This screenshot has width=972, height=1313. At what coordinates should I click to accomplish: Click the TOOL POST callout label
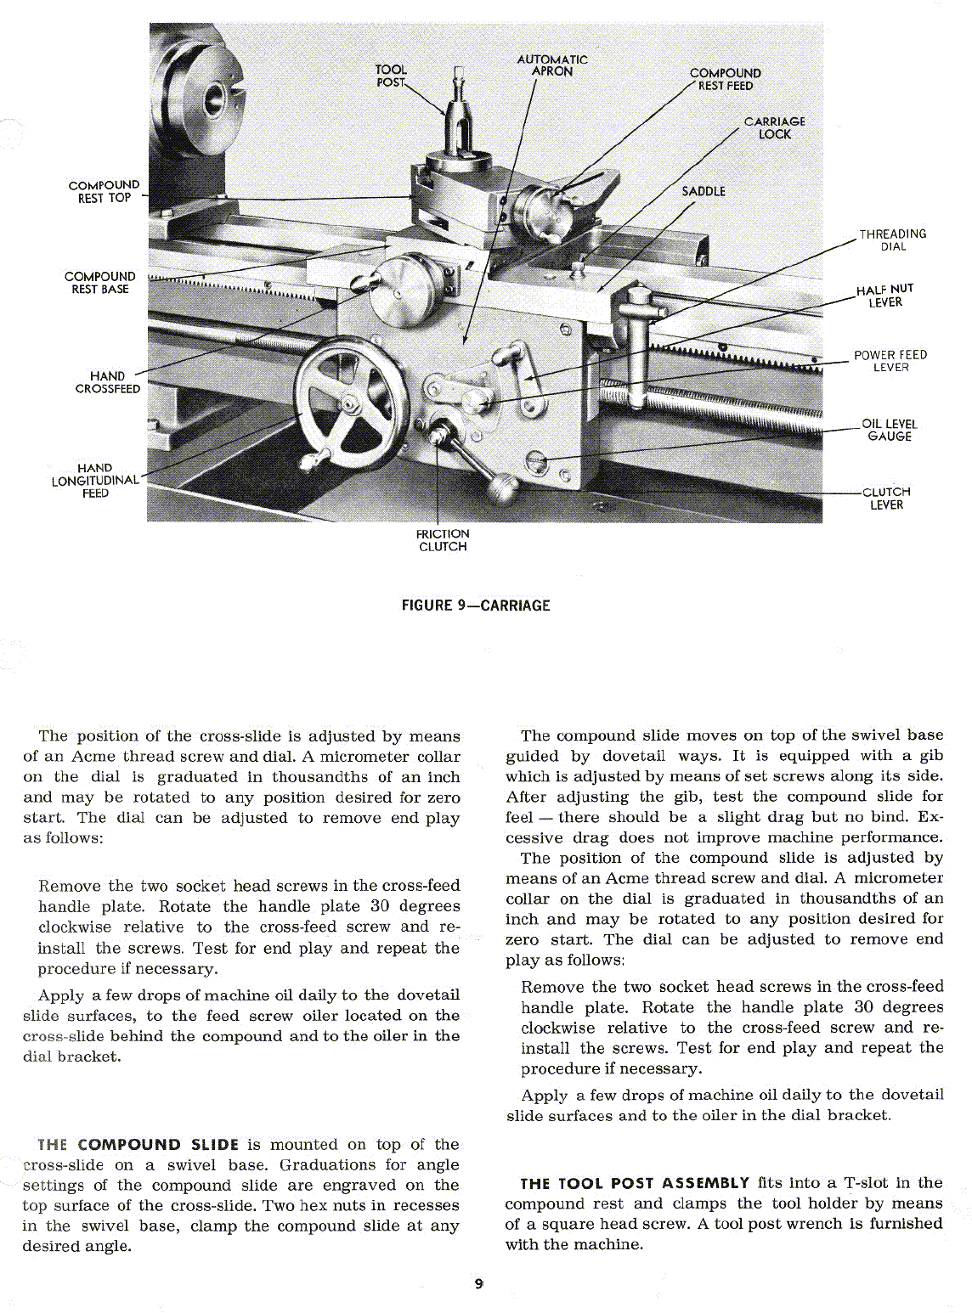[x=391, y=76]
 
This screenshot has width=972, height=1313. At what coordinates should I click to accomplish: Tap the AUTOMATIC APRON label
[x=552, y=65]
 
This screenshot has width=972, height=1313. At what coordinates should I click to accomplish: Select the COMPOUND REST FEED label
[x=725, y=79]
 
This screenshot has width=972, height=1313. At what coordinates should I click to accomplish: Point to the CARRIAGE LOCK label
[x=774, y=127]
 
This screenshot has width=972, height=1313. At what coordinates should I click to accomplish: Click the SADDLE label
[x=704, y=191]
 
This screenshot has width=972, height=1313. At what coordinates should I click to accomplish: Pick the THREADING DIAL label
[x=892, y=240]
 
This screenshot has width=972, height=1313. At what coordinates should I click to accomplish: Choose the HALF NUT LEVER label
[x=884, y=296]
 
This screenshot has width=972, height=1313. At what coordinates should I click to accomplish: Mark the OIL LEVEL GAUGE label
[x=889, y=430]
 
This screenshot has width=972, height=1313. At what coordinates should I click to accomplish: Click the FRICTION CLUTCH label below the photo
[x=442, y=540]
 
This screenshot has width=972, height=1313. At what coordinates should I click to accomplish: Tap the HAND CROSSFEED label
[x=108, y=382]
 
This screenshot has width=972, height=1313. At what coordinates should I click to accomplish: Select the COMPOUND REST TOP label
[x=104, y=191]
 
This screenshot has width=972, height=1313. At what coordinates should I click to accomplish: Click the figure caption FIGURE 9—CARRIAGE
[x=475, y=606]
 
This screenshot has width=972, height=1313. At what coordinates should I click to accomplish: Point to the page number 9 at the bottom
[x=479, y=1284]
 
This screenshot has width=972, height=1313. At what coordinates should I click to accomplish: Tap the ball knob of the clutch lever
[x=503, y=491]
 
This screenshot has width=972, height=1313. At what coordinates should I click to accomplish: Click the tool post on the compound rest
[x=459, y=119]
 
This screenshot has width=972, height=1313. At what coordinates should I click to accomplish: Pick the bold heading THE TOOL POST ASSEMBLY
[x=635, y=1182]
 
